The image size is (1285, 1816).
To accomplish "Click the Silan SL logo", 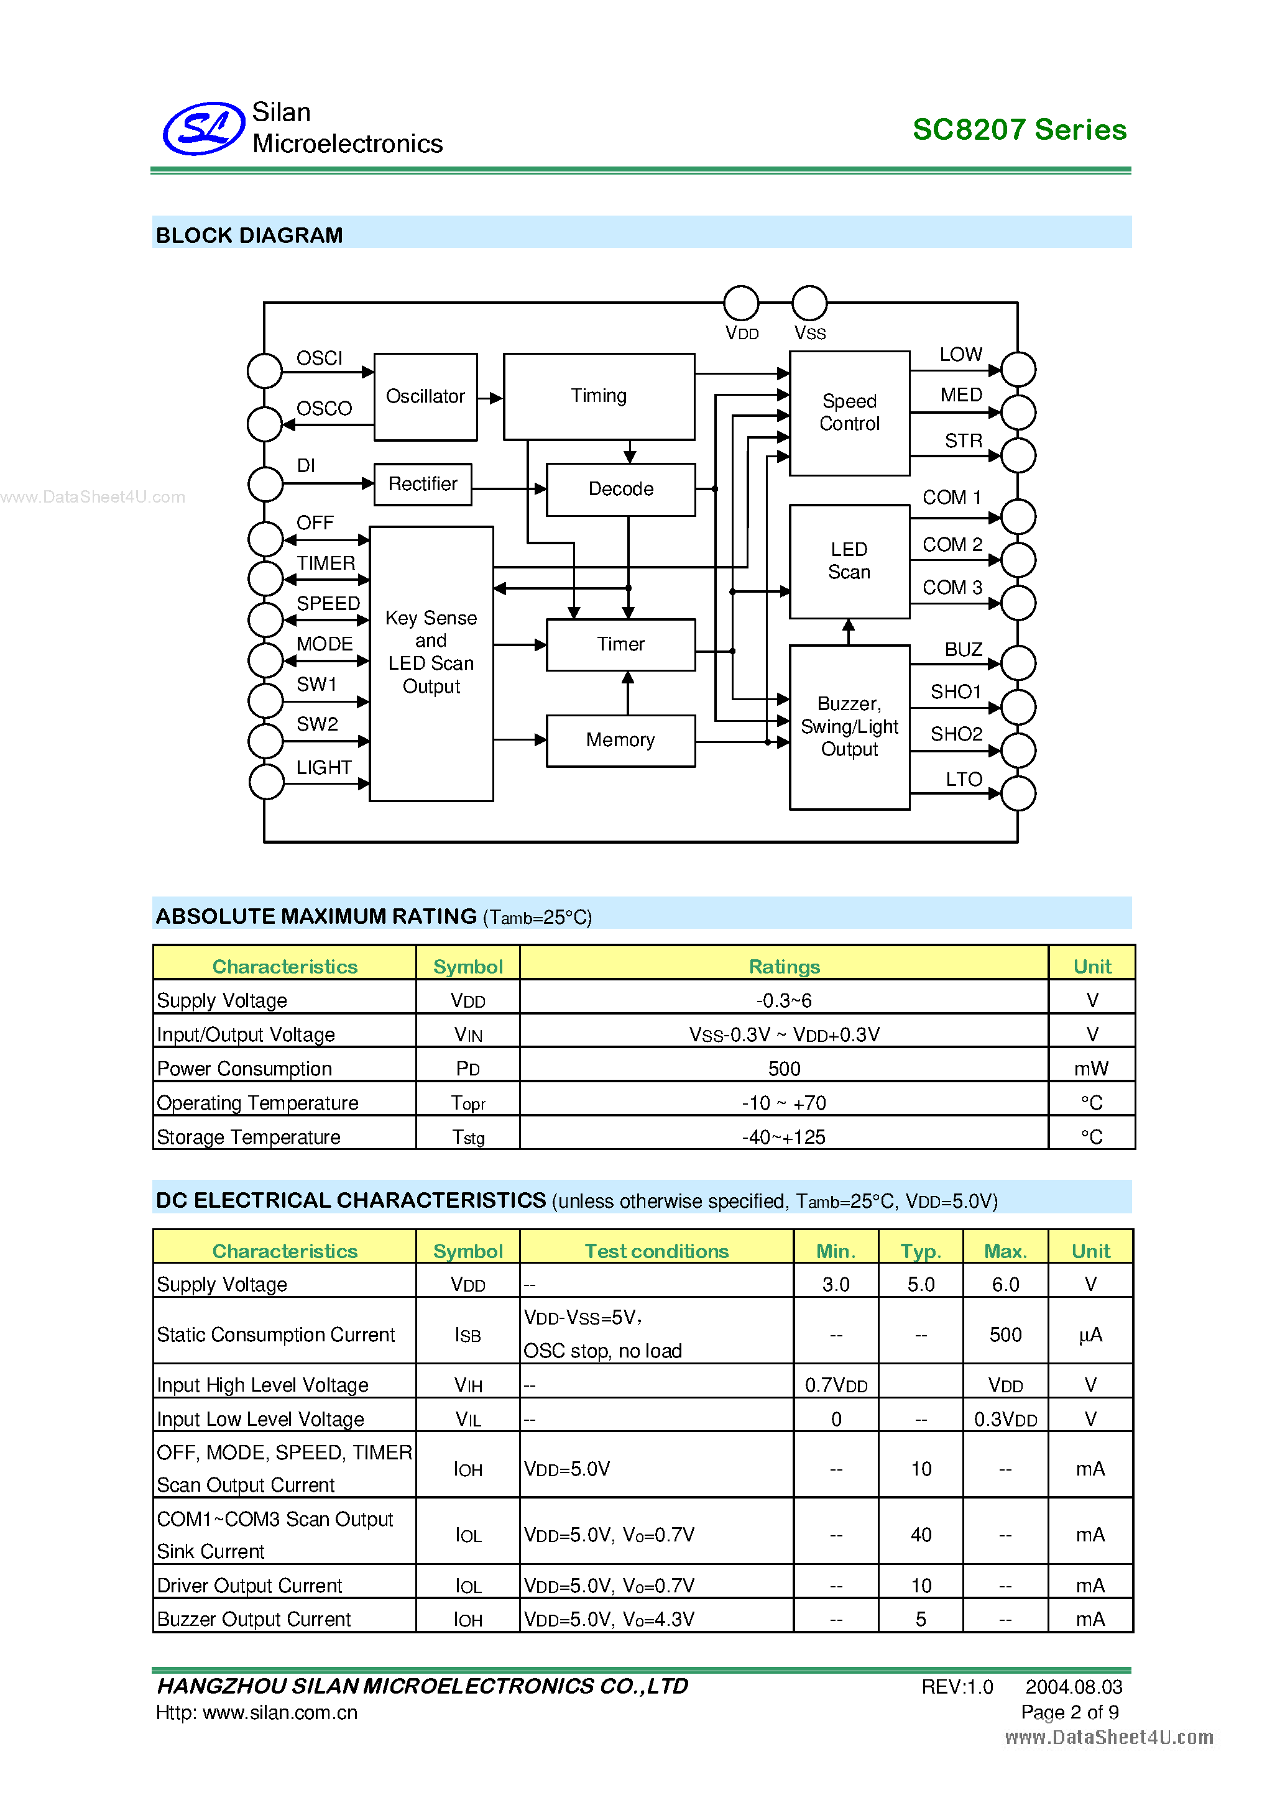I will pos(203,128).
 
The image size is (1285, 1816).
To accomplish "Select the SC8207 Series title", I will pos(1019,130).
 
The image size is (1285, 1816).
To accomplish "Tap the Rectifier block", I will pos(423,484).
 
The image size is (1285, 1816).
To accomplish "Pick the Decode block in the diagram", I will pos(620,490).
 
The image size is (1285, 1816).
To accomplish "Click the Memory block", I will pos(620,741).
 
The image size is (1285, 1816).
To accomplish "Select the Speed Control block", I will pos(849,413).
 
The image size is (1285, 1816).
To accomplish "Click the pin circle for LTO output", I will pos(1018,793).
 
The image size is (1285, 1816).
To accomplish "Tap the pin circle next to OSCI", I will pos(264,370).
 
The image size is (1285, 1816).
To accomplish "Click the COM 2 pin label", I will pos(952,545).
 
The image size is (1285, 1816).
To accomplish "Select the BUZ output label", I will pos(963,649).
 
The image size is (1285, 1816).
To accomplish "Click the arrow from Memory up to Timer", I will pos(629,693).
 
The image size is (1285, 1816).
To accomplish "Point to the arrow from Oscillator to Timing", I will pos(491,398).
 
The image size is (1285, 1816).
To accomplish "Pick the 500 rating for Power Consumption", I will pos(783,1069).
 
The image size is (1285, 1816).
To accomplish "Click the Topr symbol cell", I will pos(467,1103).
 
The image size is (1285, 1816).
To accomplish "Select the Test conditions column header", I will pos(656,1251).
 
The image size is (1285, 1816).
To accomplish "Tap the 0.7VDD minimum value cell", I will pos(836,1385).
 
